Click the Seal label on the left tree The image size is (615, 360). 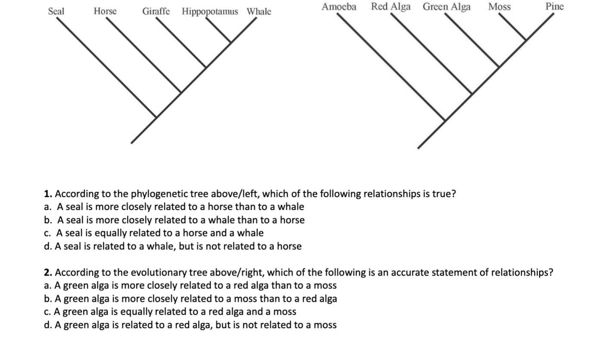click(x=56, y=11)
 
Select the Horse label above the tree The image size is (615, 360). click(x=105, y=11)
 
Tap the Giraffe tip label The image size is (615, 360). click(x=156, y=11)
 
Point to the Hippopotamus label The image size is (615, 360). click(x=210, y=12)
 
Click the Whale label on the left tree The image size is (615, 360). click(x=259, y=12)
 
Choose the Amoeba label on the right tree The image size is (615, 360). click(x=339, y=7)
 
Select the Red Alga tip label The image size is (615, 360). click(x=391, y=7)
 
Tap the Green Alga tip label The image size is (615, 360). click(x=447, y=7)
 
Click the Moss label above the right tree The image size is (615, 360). click(x=500, y=7)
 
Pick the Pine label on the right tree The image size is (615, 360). click(x=554, y=6)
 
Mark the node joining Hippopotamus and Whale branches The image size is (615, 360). click(x=231, y=42)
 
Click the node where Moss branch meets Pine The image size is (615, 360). click(x=525, y=40)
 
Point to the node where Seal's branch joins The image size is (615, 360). click(x=156, y=117)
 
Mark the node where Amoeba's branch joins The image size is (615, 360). click(x=445, y=120)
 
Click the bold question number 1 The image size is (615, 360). click(x=48, y=194)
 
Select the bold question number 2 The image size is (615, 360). click(x=48, y=273)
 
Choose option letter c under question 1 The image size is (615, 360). click(x=47, y=233)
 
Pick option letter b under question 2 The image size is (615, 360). click(x=47, y=299)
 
